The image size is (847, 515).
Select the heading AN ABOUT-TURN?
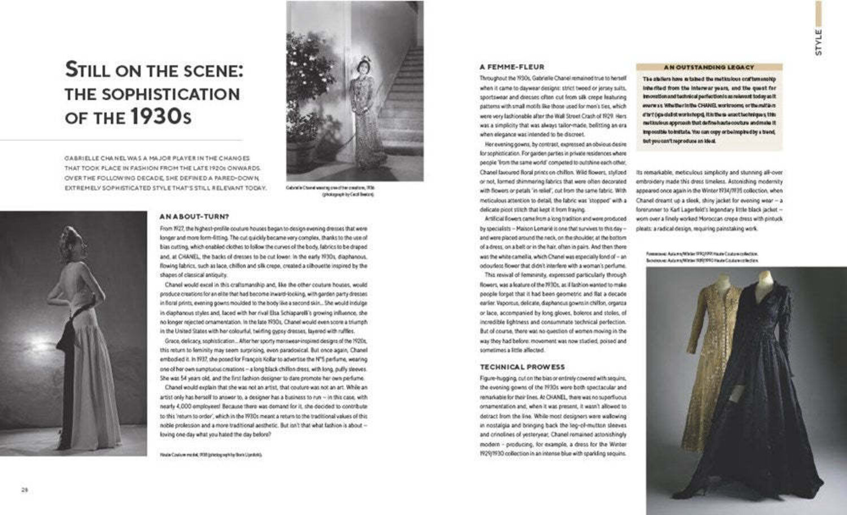click(x=194, y=216)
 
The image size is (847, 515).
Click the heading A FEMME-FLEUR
click(x=512, y=67)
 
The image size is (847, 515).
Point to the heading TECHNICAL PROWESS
click(x=522, y=366)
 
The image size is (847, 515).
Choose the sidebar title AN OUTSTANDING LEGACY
click(x=709, y=67)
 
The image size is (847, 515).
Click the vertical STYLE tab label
click(x=818, y=42)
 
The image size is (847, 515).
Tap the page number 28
click(x=24, y=490)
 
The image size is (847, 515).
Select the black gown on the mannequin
click(x=762, y=384)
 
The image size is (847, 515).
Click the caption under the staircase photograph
click(x=330, y=191)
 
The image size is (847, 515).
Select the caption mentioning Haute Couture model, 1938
click(x=211, y=454)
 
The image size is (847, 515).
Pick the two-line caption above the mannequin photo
click(x=702, y=257)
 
